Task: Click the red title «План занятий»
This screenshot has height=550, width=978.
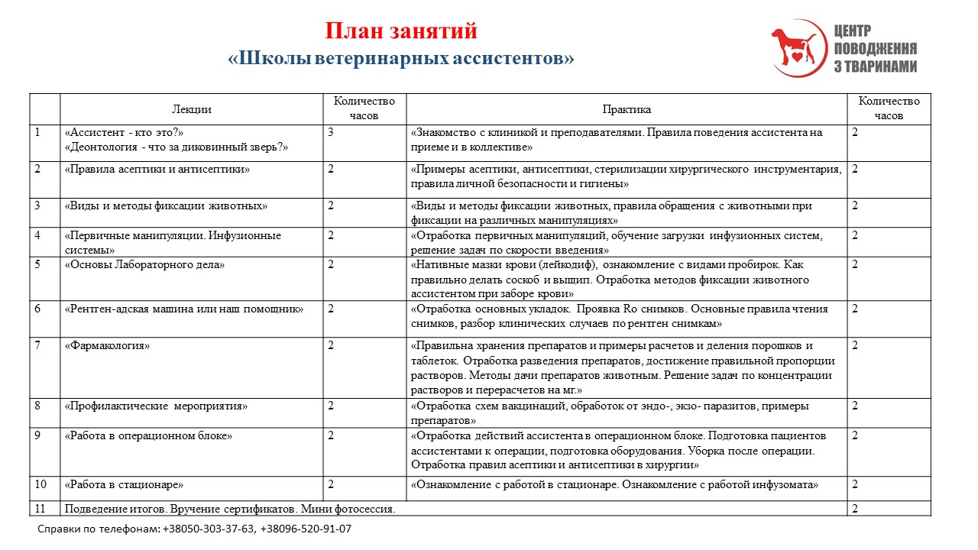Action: click(x=400, y=31)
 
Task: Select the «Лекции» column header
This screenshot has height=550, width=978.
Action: click(x=191, y=109)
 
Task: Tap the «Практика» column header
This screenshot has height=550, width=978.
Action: click(x=626, y=109)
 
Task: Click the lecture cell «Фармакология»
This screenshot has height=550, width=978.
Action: click(x=108, y=345)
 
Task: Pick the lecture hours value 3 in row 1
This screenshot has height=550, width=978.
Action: click(x=331, y=132)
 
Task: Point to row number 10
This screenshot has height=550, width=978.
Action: click(x=41, y=484)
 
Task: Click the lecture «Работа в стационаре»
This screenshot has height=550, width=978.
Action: click(x=124, y=484)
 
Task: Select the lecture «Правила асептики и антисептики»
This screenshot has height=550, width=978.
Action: click(x=157, y=169)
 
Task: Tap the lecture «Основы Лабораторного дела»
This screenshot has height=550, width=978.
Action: click(x=145, y=265)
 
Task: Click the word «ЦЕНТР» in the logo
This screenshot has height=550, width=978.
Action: click(x=853, y=31)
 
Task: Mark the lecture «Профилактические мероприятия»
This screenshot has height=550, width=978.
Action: click(x=156, y=406)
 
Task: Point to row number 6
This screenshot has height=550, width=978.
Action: click(x=37, y=309)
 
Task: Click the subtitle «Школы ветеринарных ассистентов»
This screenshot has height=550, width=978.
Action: click(x=400, y=58)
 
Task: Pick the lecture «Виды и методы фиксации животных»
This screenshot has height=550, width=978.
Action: click(x=166, y=205)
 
